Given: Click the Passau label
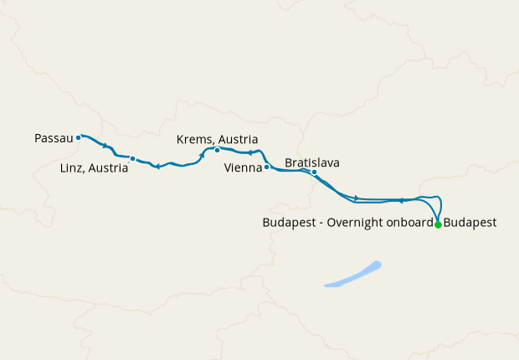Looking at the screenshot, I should click(x=54, y=136).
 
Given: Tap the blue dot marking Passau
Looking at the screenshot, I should click(x=78, y=137).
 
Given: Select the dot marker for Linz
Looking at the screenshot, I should click(x=132, y=158).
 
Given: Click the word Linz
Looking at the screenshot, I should click(x=74, y=167).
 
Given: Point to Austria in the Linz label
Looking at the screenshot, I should click(x=109, y=167).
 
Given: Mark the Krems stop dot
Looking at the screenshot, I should click(x=217, y=151).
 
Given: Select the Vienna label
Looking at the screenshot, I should click(x=244, y=167).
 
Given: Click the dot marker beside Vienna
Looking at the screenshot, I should click(x=266, y=167).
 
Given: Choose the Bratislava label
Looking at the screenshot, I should click(x=312, y=162).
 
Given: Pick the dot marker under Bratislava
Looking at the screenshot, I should click(x=314, y=172).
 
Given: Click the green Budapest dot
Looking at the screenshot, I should click(x=438, y=224).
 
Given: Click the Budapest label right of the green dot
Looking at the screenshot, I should click(x=470, y=224).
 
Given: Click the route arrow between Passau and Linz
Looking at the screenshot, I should click(x=105, y=147).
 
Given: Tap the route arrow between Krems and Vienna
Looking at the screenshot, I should click(x=250, y=152).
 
